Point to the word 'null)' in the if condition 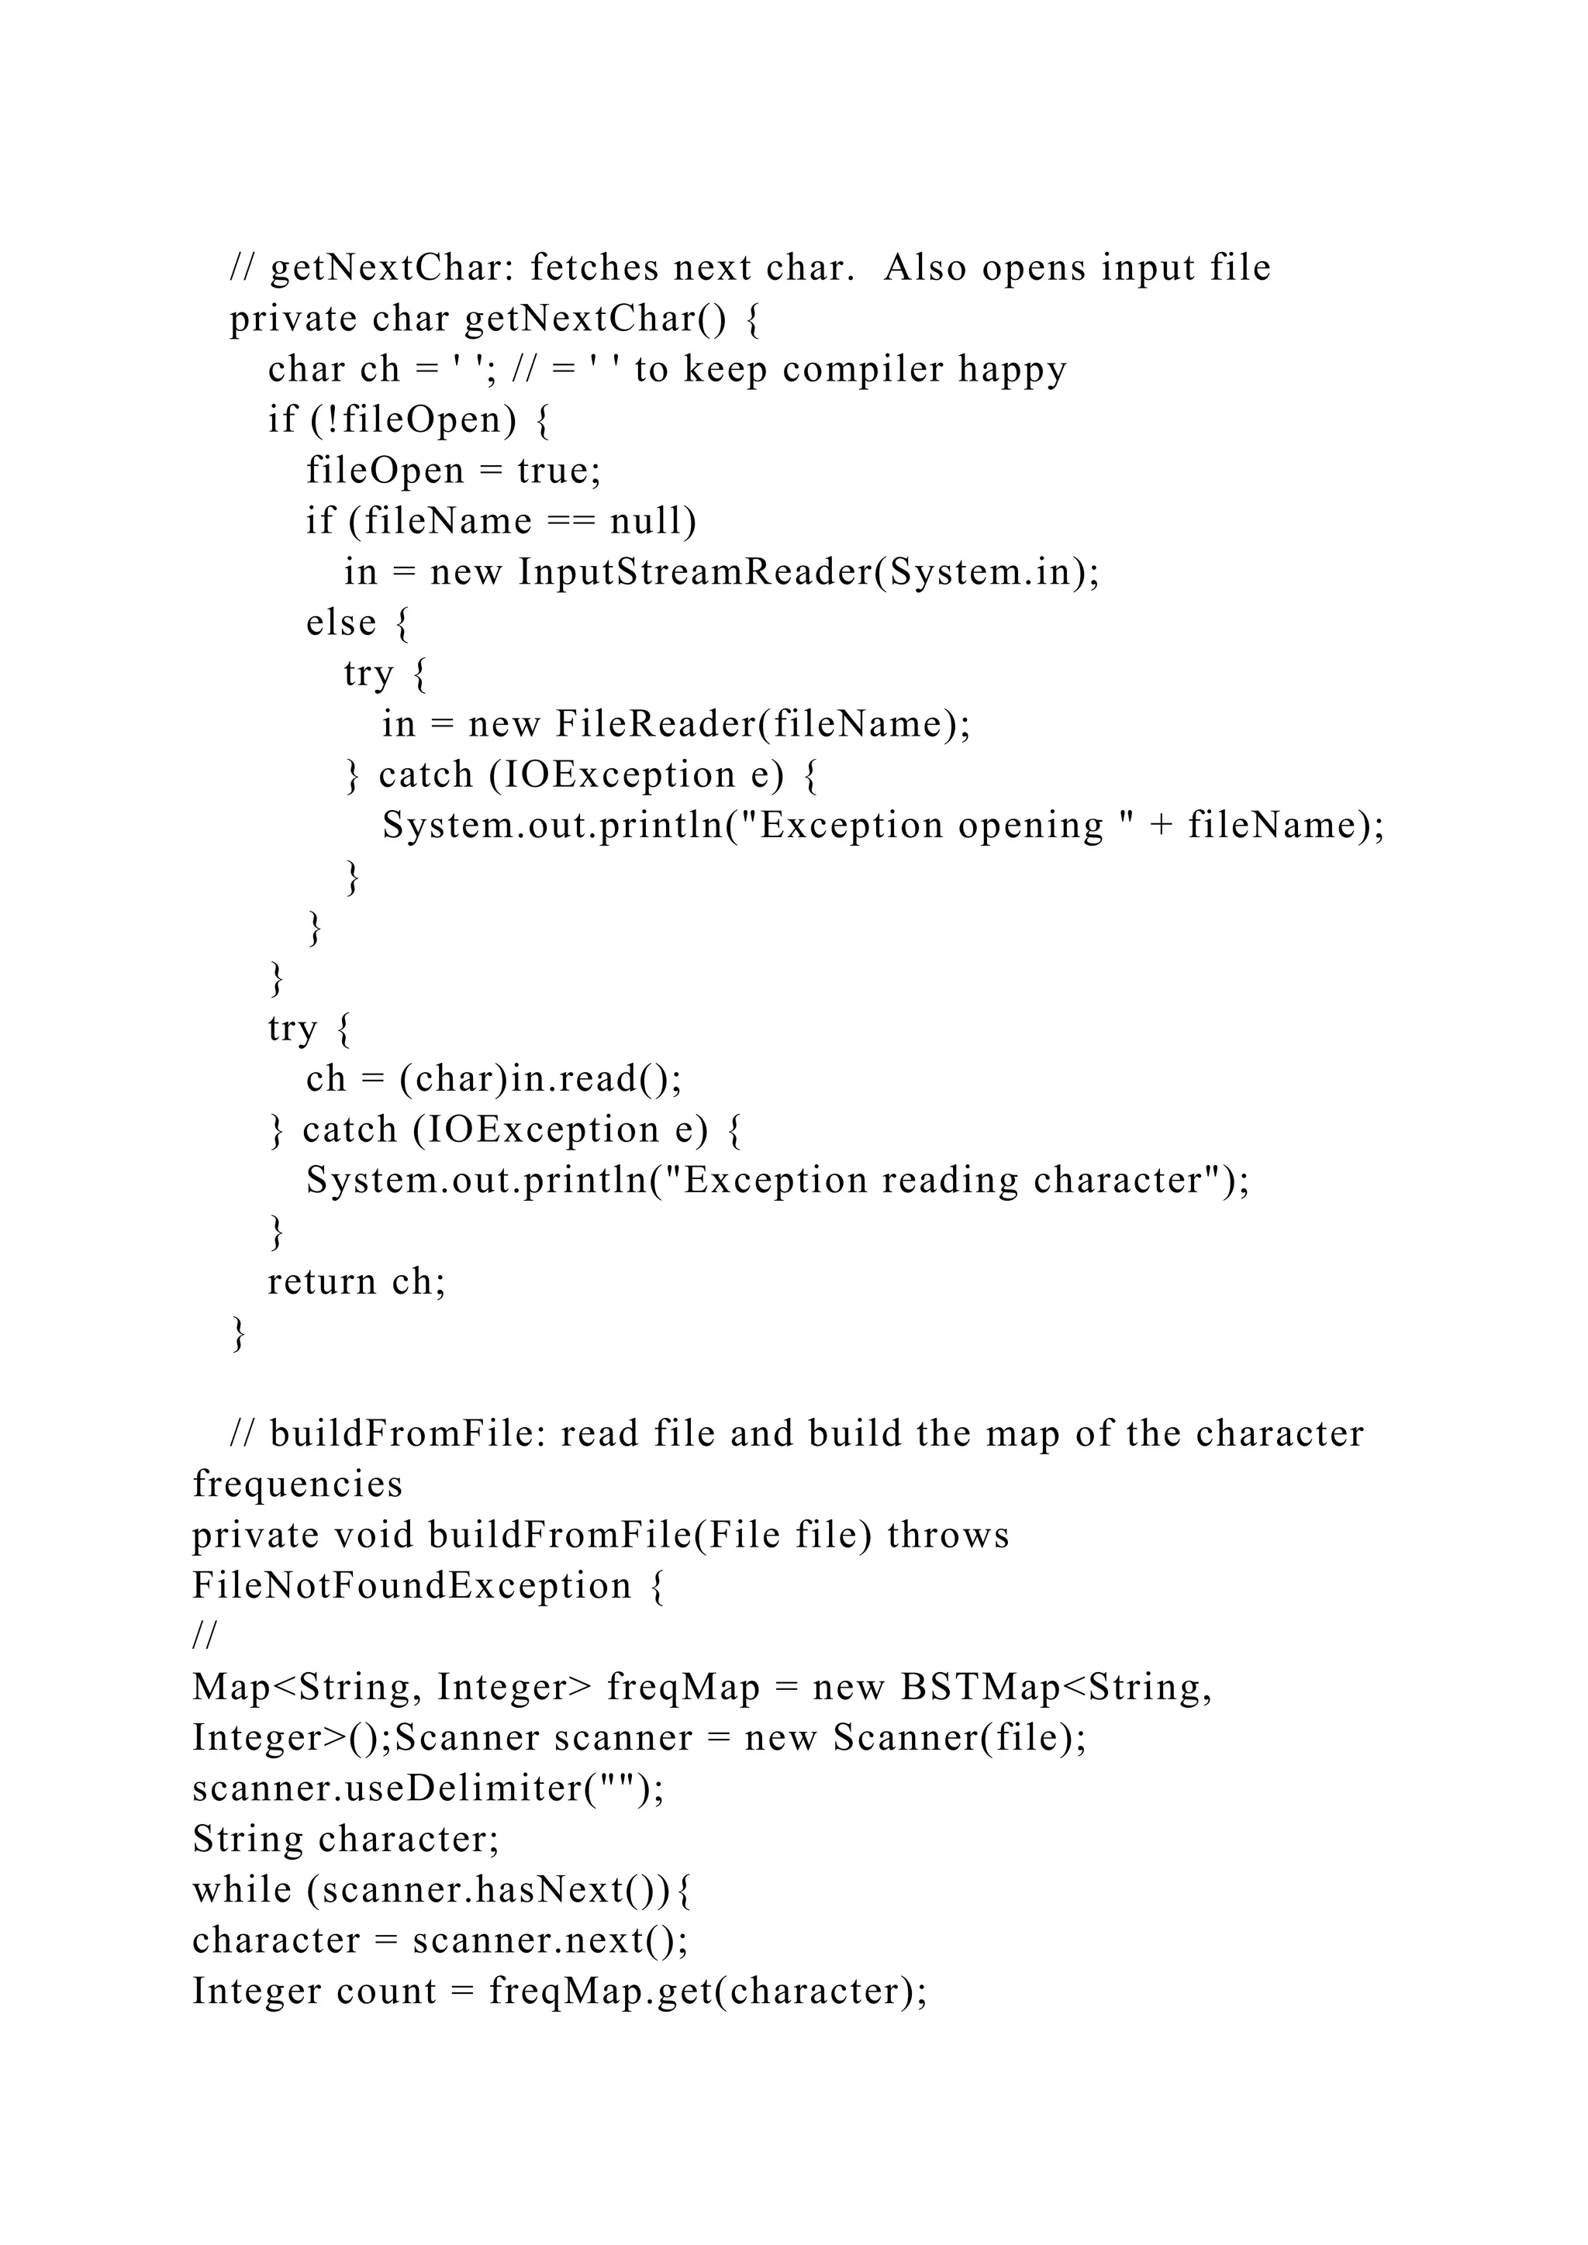[x=653, y=520]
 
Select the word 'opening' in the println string [x=1030, y=826]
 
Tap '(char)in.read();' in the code [x=540, y=1078]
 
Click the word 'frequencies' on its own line [x=297, y=1485]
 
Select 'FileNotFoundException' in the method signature [x=412, y=1586]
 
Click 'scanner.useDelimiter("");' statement [x=428, y=1788]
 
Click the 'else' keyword [x=340, y=622]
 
